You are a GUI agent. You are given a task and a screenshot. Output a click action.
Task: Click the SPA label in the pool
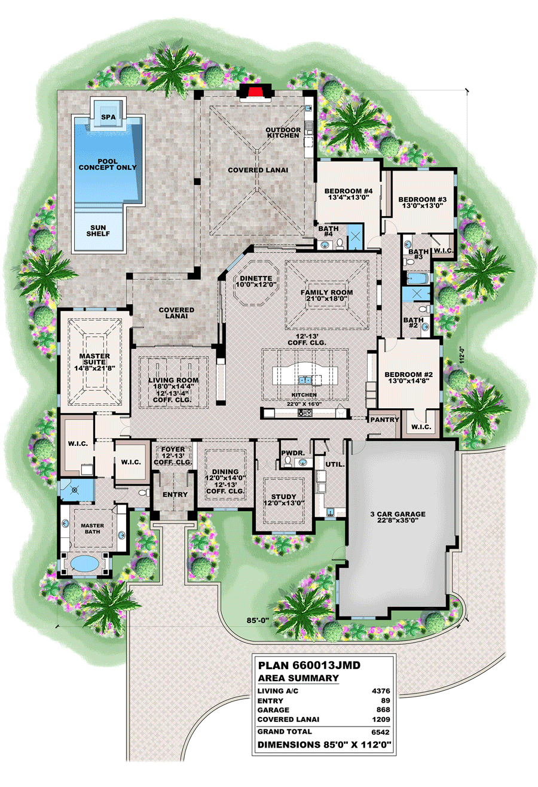[x=108, y=117]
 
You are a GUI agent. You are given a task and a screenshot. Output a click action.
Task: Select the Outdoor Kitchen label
[x=282, y=132]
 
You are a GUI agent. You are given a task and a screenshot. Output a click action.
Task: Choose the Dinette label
[x=257, y=278]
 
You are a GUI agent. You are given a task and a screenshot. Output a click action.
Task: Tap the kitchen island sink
[x=305, y=378]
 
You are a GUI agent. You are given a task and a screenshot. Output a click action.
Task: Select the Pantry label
[x=384, y=420]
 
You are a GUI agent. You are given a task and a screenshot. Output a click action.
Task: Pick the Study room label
[x=283, y=496]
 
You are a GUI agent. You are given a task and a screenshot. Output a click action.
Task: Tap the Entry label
[x=175, y=494]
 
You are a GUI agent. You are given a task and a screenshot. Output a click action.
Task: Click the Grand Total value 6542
[x=380, y=731]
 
